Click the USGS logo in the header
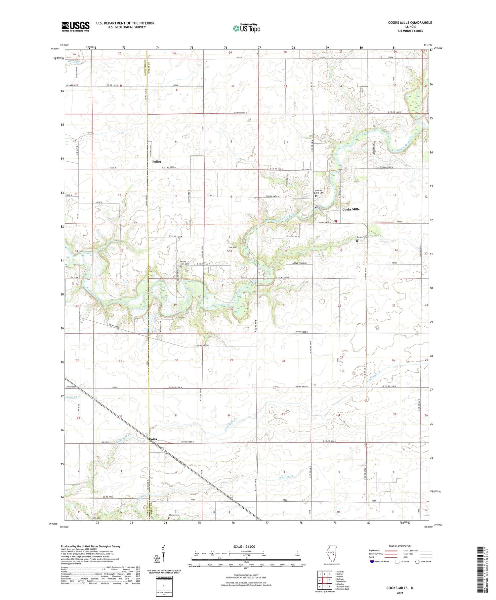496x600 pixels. tap(75, 26)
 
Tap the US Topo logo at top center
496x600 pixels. tap(246, 28)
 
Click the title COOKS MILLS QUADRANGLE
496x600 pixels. tap(410, 23)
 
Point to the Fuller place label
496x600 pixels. tap(157, 162)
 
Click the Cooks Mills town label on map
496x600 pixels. tap(351, 209)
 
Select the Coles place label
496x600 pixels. tap(153, 439)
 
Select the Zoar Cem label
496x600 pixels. tap(232, 248)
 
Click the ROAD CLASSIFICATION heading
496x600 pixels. tap(400, 546)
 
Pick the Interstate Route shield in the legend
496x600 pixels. tap(372, 562)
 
